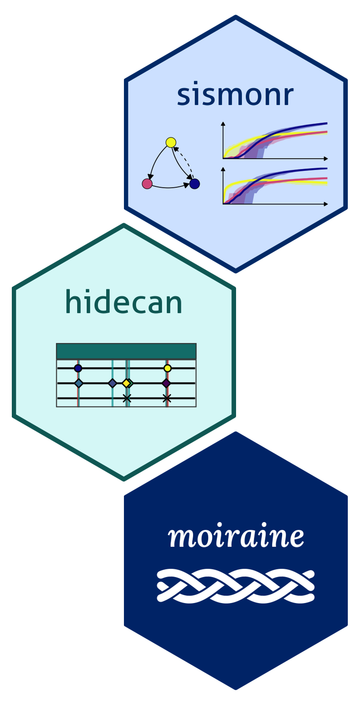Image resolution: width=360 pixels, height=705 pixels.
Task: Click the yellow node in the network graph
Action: point(171,142)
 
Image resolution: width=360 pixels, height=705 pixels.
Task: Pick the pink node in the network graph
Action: point(147,183)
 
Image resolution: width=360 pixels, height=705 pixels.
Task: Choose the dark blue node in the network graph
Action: point(194,184)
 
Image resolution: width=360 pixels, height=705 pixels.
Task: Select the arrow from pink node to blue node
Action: point(169,187)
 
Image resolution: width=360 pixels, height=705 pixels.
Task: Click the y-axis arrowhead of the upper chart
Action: point(223,124)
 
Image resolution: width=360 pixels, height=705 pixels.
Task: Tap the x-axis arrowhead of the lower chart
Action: point(326,204)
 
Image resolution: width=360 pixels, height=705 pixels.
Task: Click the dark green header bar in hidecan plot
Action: point(126,351)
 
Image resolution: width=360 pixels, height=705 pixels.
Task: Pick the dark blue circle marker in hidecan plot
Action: point(78,368)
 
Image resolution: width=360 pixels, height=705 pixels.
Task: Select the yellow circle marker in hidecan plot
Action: point(167,368)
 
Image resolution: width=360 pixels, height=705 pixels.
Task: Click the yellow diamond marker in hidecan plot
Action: point(126,383)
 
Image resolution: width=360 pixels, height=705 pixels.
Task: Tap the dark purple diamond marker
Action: point(166,383)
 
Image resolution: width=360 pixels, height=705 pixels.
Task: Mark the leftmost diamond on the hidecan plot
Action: point(79,383)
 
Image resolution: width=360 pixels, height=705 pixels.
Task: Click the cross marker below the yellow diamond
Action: point(126,398)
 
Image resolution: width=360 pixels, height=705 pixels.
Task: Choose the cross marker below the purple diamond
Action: point(167,398)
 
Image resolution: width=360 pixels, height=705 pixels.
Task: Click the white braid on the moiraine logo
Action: point(236,586)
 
